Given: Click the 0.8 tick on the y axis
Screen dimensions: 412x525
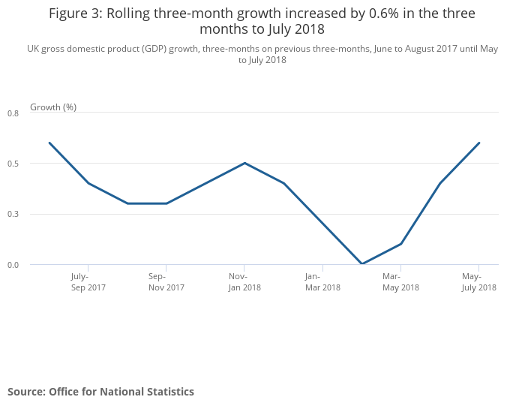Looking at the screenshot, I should click(13, 113).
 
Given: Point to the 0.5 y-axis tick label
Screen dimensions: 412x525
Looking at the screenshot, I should click(13, 164).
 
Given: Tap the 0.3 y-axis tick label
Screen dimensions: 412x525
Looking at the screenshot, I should click(13, 215).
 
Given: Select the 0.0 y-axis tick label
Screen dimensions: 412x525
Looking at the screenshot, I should click(13, 265).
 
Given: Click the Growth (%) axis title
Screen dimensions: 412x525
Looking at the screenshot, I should click(53, 107).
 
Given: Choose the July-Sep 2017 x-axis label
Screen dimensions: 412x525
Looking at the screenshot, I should click(88, 281).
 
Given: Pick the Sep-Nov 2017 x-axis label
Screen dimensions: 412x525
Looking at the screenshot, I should click(166, 281).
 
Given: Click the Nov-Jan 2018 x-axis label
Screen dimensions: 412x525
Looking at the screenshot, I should click(244, 281).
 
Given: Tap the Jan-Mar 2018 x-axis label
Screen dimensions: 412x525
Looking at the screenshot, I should click(322, 281).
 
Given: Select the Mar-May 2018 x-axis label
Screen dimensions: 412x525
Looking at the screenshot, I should click(400, 281).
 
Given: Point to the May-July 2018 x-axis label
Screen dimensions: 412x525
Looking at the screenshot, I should click(478, 281).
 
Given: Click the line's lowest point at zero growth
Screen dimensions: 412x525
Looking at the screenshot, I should click(361, 264).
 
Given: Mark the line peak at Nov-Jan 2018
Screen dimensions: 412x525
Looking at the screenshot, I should click(244, 163).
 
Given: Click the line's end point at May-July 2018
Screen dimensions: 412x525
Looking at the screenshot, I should click(478, 143).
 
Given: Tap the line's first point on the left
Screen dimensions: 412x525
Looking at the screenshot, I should click(49, 143).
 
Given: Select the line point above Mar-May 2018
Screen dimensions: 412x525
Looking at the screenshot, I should click(400, 244).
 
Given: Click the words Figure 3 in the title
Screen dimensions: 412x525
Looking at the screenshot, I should click(78, 14).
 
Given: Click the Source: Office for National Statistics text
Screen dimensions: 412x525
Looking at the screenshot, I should click(100, 392).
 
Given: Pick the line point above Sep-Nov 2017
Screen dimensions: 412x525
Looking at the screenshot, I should click(166, 203).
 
